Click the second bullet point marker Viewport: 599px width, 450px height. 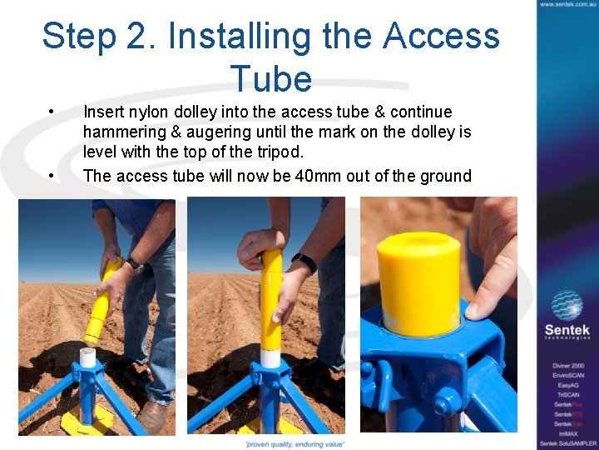click(52, 176)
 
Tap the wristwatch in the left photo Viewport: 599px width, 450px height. click(133, 265)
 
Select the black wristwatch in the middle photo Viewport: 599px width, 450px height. click(304, 262)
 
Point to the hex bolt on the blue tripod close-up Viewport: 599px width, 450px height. click(443, 402)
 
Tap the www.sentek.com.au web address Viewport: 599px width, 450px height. click(567, 5)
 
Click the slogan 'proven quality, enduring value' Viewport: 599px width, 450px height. click(295, 444)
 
